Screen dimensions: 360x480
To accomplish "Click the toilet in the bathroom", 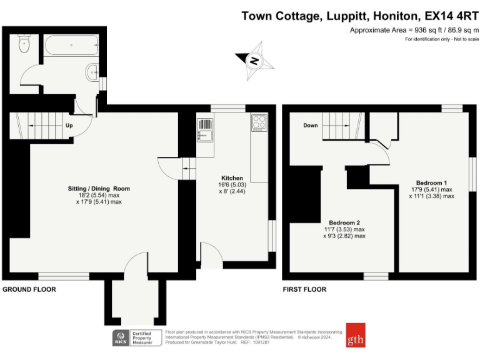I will pos(24,44).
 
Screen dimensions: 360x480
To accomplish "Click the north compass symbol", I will pos(254,61).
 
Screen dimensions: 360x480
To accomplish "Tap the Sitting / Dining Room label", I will pos(99,188).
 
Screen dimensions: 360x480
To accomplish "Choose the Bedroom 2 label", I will pos(344,222).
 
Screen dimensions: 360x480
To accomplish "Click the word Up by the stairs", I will pos(69,125).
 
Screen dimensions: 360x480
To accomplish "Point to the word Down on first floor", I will pos(311,125).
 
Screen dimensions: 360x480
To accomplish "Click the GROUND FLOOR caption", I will pos(29,289).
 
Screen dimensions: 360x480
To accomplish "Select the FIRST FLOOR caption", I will pos(304,289).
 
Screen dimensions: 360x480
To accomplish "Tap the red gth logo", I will pos(356,334).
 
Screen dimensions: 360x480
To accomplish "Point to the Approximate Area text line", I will pos(414,30).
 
